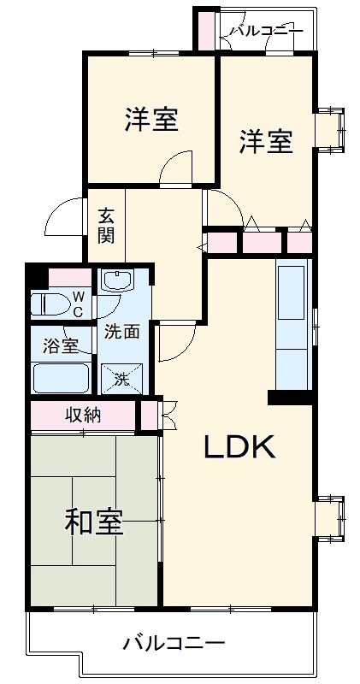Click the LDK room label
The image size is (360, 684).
coord(239,446)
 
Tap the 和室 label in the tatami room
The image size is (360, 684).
coord(94,522)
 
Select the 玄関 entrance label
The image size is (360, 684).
coord(105,225)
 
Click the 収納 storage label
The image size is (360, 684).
coord(84,416)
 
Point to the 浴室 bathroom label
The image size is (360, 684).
coord(60,345)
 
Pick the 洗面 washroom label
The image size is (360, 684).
coord(121,333)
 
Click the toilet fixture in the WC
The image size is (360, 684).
coord(51,304)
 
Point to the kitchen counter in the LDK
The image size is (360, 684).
coord(292,325)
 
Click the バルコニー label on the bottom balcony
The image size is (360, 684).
coord(173,642)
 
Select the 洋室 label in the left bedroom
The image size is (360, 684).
coord(150,120)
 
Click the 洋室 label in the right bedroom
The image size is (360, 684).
coord(265,141)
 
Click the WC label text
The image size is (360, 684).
coord(77,304)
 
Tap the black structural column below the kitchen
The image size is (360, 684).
coord(290,398)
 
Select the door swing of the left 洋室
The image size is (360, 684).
coord(177,168)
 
